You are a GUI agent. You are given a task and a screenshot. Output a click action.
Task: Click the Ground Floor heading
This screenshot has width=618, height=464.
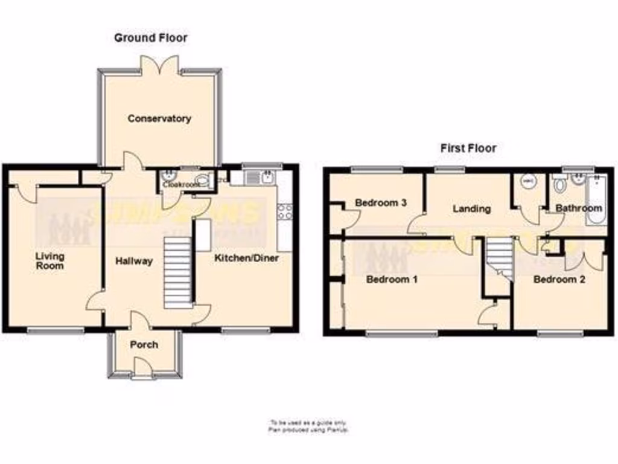click(151, 37)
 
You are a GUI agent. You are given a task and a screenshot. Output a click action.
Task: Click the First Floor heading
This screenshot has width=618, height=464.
click(468, 147)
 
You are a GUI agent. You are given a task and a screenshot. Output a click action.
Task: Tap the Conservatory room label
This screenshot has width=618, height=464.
click(159, 118)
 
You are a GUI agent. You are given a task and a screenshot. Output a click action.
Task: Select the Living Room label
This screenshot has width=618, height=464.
click(49, 260)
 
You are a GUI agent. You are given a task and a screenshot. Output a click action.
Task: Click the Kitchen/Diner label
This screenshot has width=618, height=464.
click(247, 258)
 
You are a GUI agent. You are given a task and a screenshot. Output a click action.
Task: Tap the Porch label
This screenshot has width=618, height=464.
click(144, 344)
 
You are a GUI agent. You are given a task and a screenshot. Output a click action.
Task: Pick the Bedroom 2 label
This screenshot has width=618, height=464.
click(559, 280)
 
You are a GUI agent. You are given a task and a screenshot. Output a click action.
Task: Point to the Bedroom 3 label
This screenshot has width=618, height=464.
click(380, 202)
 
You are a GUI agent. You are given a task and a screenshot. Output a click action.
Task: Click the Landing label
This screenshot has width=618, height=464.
click(471, 208)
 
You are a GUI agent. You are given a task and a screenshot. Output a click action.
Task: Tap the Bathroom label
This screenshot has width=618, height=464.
click(579, 208)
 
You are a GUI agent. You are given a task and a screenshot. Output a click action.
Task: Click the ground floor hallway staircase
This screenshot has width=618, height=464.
click(177, 272)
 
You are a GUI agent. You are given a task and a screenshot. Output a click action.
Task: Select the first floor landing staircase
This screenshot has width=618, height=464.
click(500, 256)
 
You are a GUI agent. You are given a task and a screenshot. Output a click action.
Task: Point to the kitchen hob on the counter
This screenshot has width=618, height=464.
click(285, 211)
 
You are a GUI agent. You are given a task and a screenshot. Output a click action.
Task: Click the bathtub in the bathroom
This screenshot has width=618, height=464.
click(600, 199)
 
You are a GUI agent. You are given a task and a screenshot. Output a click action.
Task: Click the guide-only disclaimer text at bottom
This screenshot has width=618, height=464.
click(308, 426)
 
